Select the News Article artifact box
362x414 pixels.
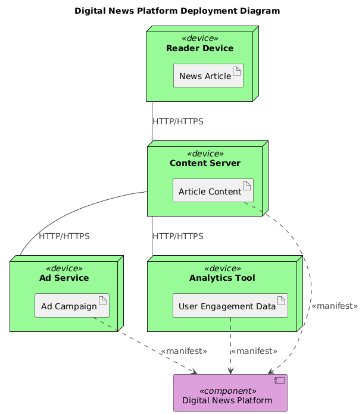208,76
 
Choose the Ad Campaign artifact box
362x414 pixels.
72,306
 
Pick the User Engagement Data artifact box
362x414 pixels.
230,306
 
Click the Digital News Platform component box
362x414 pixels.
230,393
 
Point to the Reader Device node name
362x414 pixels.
199,48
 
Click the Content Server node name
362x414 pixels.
205,163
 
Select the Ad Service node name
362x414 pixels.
64,278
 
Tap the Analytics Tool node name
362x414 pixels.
221,278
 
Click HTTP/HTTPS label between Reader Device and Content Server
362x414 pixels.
177,121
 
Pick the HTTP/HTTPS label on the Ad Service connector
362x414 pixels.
64,236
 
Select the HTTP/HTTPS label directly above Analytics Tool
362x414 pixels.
177,236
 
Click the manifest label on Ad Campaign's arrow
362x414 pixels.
183,351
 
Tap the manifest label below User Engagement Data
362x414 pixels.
254,351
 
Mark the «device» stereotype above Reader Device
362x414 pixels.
199,39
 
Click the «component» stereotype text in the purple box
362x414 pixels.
230,391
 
